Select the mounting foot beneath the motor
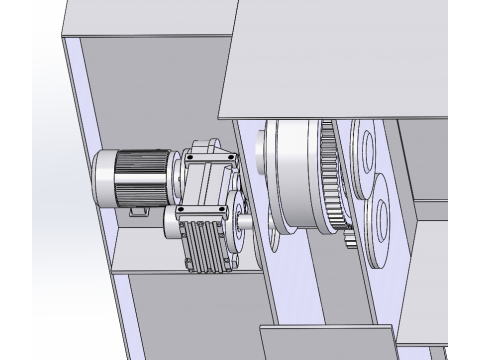tap(140, 212)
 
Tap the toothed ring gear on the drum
tap(332, 180)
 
